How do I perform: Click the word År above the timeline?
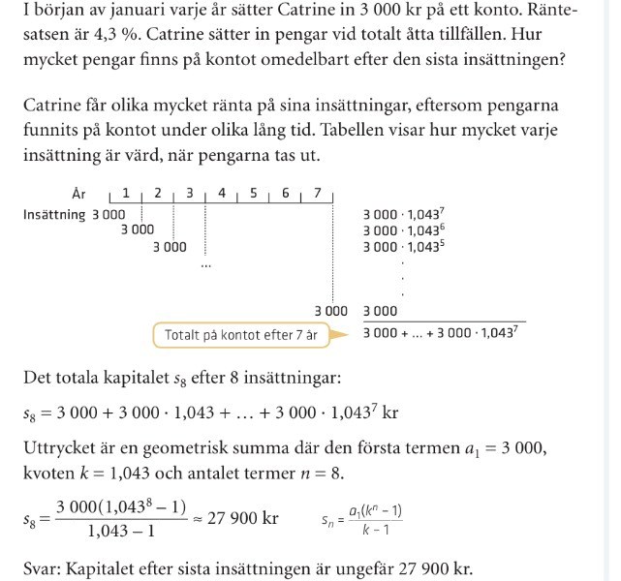coord(79,194)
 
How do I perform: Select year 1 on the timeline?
coord(126,194)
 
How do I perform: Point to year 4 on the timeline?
coord(222,194)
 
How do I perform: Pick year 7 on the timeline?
coord(317,194)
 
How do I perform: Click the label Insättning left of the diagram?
coord(54,214)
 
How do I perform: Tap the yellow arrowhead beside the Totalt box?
coord(339,335)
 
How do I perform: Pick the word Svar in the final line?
coord(43,569)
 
